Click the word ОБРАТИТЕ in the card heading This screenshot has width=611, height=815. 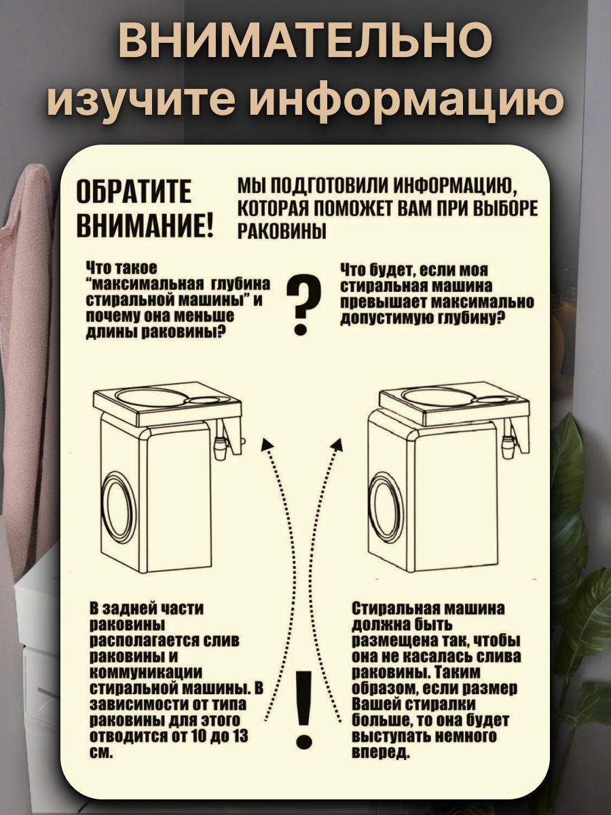pyautogui.click(x=134, y=191)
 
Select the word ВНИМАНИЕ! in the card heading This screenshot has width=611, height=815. pyautogui.click(x=145, y=225)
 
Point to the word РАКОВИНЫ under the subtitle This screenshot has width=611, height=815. pyautogui.click(x=282, y=232)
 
